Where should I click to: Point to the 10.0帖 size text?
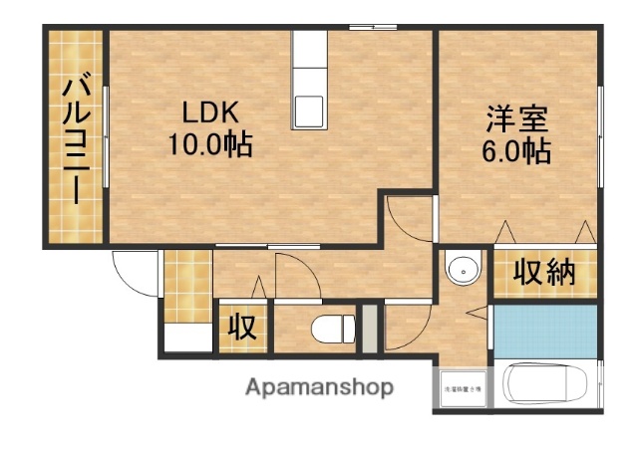[x=209, y=145]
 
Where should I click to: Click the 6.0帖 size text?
[x=518, y=151]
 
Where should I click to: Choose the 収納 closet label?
[x=544, y=273]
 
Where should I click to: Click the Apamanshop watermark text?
[x=319, y=386]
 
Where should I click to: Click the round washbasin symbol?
[x=461, y=270]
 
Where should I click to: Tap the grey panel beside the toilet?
[x=371, y=328]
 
